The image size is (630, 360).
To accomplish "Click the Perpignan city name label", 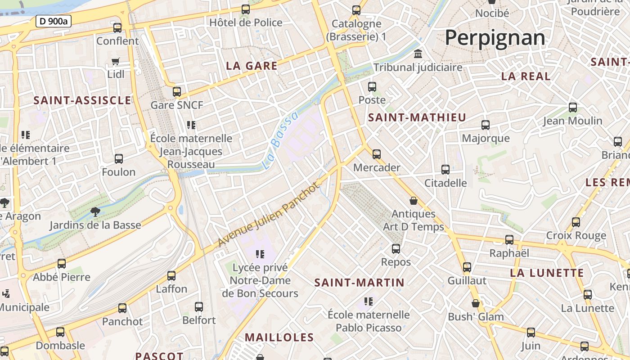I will pos(495,38).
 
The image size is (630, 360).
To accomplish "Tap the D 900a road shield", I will pos(54,21).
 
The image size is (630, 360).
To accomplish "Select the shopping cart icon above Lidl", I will pos(116,61).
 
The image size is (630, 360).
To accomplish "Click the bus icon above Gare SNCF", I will pos(177,92).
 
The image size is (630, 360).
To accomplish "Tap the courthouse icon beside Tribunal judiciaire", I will pos(418,54).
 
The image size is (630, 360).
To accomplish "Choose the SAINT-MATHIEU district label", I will pos(417,117).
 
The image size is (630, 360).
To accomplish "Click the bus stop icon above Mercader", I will pos(377,154).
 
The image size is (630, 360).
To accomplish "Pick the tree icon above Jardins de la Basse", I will pos(95,211).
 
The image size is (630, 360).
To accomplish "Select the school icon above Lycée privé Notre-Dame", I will pos(260,254).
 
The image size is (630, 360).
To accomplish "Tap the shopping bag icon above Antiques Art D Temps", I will pos(414,201).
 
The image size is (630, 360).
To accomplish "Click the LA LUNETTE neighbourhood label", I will pos(547,273).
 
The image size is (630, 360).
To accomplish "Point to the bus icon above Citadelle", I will pos(445,170).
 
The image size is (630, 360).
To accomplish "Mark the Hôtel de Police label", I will pos(246,22).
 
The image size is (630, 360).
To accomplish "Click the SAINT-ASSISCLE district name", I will pos(82,100).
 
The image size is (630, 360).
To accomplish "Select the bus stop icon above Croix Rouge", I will pos(576,222).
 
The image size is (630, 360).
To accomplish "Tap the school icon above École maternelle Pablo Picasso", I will pos(369,301).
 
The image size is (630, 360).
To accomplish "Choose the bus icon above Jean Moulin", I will pos(573,108).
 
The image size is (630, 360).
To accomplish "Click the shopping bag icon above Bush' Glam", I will pos(476,303).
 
